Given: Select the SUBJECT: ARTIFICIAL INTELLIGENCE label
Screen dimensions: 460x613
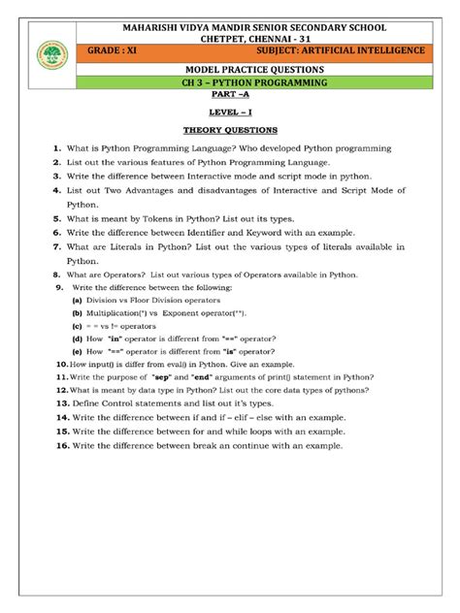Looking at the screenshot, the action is [340, 49].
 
